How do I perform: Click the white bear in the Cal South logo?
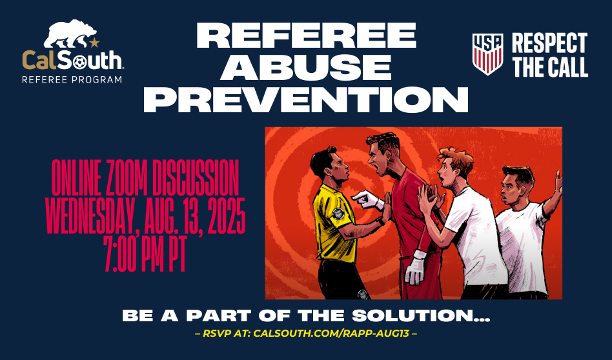pyautogui.click(x=70, y=34)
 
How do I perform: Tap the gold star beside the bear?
pyautogui.click(x=94, y=42)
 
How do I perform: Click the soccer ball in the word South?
pyautogui.click(x=79, y=62)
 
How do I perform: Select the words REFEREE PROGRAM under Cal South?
pyautogui.click(x=72, y=79)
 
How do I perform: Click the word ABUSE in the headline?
pyautogui.click(x=305, y=67)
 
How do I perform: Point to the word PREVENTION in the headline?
pyautogui.click(x=305, y=99)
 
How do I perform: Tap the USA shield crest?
pyautogui.click(x=487, y=54)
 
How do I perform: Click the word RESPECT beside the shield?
pyautogui.click(x=549, y=43)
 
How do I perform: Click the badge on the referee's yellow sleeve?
pyautogui.click(x=338, y=214)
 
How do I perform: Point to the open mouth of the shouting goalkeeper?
pyautogui.click(x=378, y=170)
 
